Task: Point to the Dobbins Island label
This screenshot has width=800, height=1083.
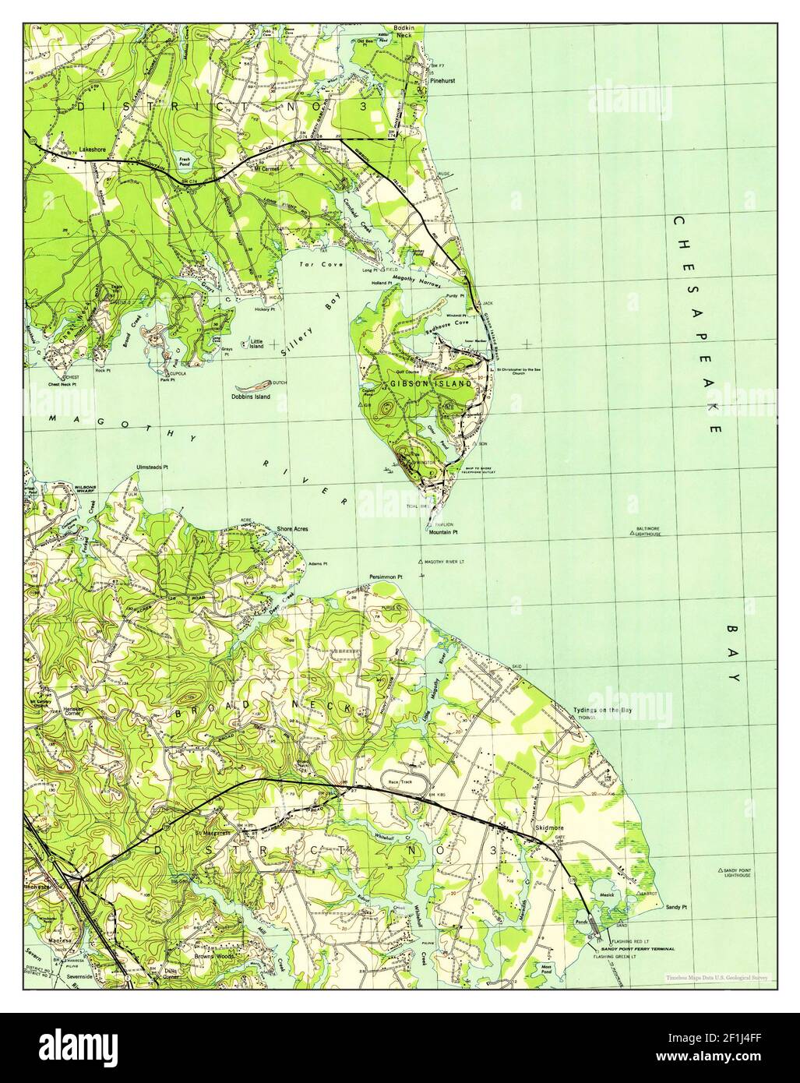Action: (x=251, y=397)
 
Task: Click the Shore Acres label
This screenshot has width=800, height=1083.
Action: (x=292, y=529)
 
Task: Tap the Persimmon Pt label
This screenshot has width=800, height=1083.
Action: (x=385, y=577)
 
